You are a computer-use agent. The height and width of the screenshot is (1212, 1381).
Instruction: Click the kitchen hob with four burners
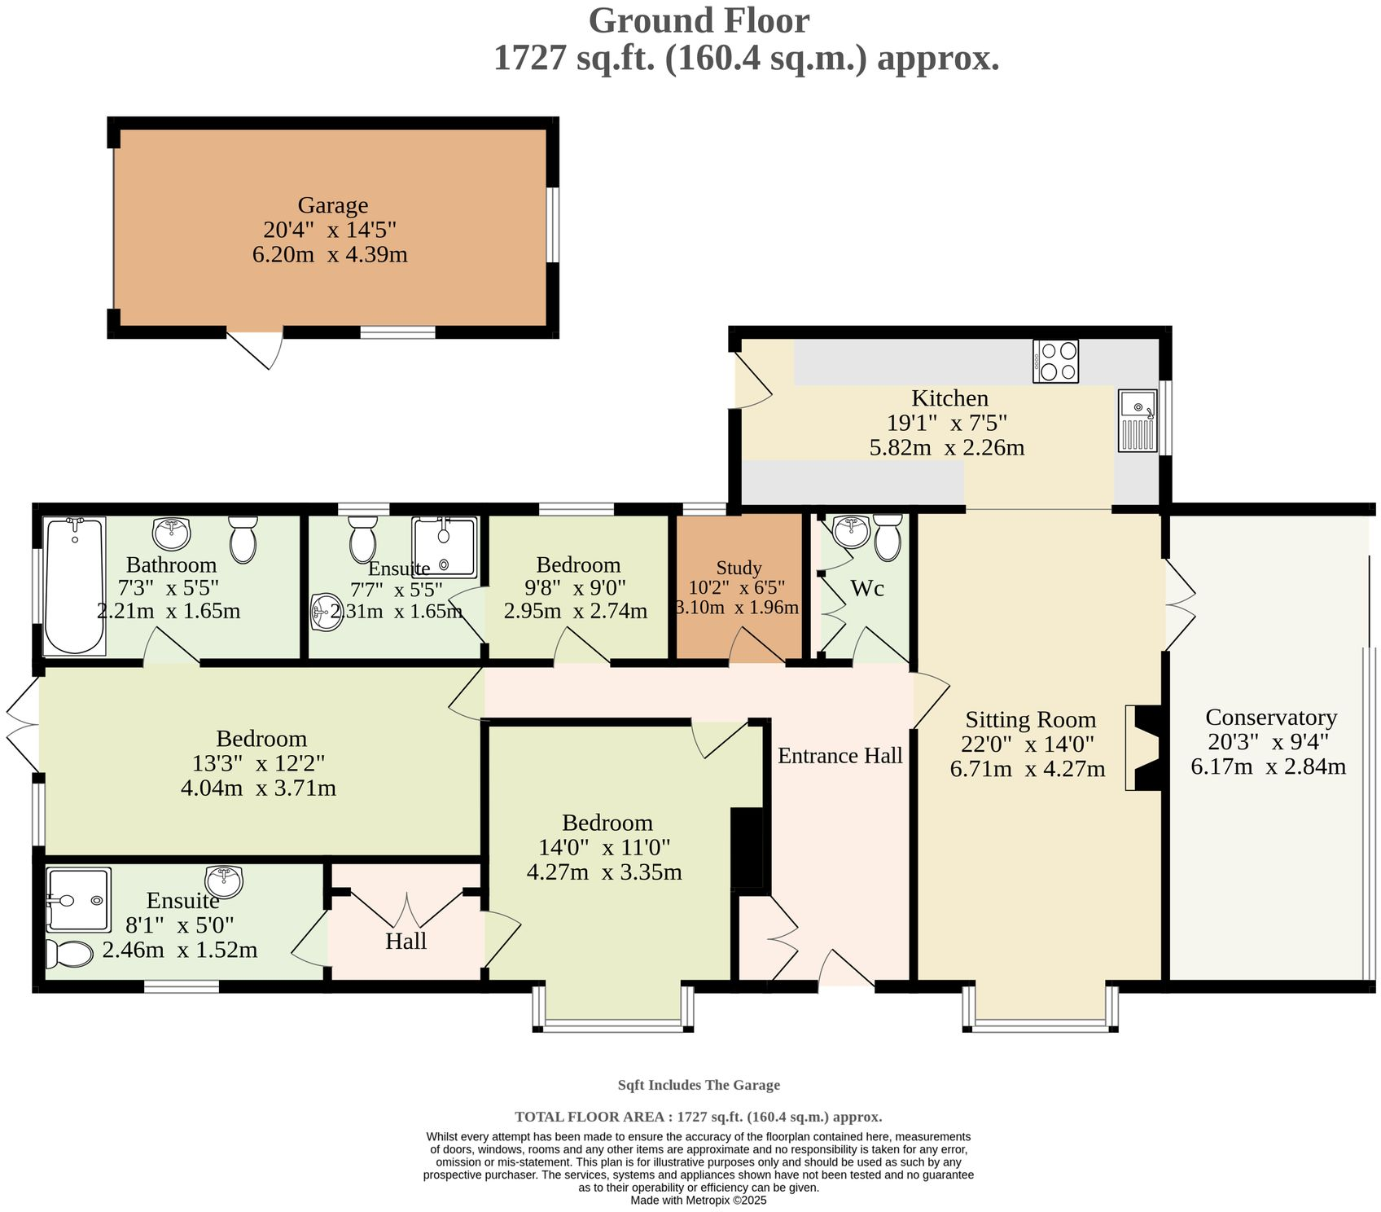1055,361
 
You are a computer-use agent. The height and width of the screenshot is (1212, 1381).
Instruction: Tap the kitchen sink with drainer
1138,420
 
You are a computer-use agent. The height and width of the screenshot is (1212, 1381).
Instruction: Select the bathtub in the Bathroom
74,586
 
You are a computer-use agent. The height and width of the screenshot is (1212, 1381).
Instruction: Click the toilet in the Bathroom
243,538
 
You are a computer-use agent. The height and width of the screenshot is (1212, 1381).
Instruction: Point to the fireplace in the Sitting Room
1146,747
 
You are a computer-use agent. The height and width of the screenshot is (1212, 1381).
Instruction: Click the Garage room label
332,205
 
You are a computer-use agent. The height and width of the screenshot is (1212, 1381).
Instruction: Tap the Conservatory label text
1270,718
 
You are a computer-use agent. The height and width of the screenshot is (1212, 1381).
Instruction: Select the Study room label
739,568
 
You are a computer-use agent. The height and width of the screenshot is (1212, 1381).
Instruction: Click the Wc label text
866,588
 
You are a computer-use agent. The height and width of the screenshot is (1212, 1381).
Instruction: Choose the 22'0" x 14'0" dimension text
1028,744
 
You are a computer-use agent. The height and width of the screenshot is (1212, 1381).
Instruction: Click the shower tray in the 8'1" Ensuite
78,899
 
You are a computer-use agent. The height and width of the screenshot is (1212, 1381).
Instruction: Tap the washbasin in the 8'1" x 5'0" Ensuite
224,880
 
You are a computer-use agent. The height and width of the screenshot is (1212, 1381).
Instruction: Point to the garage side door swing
257,348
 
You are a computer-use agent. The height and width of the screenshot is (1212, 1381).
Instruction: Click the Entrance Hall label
840,756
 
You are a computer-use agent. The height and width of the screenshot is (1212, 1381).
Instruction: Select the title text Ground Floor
698,20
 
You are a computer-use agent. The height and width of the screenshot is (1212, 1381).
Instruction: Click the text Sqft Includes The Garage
698,1084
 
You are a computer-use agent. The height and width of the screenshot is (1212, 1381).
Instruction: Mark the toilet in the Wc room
888,538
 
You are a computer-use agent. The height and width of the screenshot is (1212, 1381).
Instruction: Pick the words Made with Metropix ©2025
698,1200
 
